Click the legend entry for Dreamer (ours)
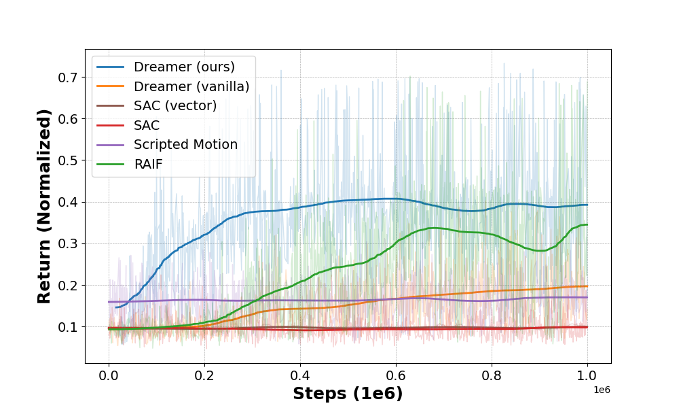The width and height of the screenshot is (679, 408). [x=184, y=67]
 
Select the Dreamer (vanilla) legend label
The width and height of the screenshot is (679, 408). [x=191, y=86]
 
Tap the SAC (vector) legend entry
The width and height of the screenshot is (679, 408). [x=175, y=105]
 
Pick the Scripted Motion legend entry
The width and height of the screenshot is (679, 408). [x=185, y=145]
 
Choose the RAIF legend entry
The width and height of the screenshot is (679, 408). [x=148, y=164]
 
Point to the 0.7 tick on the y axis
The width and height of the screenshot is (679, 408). [x=67, y=77]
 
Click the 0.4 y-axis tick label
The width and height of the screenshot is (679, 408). [x=67, y=202]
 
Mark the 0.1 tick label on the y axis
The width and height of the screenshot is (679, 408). [x=67, y=327]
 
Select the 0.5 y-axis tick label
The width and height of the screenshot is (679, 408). [x=67, y=160]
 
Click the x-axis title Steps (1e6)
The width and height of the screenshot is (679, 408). [x=348, y=394]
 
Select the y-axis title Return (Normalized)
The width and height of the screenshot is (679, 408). [x=45, y=206]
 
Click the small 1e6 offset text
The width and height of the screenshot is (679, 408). [x=602, y=389]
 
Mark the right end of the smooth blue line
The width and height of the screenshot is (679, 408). [x=587, y=205]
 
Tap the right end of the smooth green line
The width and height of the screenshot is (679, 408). [x=587, y=224]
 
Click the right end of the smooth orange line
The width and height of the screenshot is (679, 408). [x=587, y=286]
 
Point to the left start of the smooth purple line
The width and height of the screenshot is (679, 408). [x=109, y=302]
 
